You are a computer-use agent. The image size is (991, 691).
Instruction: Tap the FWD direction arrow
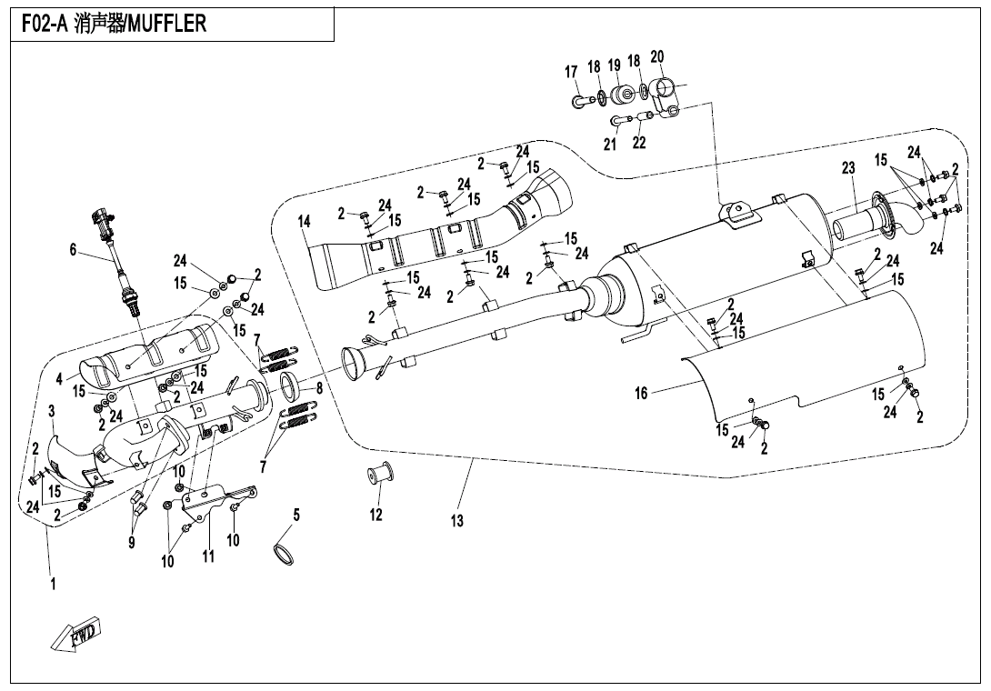[x=76, y=633]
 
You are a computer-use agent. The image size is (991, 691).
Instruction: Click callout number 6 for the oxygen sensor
[x=74, y=250]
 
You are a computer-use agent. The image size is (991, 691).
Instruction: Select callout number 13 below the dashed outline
[x=457, y=521]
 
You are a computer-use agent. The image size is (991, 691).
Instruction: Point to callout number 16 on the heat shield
[x=642, y=394]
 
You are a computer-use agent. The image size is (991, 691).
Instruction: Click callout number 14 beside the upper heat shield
[x=304, y=222]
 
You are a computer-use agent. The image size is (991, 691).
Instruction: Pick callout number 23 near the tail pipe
[x=848, y=168]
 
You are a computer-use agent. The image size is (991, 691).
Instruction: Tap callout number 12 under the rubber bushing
[x=376, y=516]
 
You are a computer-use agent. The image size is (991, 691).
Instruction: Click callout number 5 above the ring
[x=295, y=515]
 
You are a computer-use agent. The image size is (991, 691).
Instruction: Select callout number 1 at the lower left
[x=53, y=585]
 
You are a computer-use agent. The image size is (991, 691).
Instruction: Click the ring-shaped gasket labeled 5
[x=285, y=553]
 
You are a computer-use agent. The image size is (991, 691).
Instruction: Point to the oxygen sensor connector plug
[x=100, y=218]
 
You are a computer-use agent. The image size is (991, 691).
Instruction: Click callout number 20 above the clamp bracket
[x=657, y=57]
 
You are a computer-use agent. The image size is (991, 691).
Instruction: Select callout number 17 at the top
[x=572, y=72]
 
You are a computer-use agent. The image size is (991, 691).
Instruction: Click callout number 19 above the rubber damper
[x=615, y=65]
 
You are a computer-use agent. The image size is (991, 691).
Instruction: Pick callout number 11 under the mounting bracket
[x=208, y=556]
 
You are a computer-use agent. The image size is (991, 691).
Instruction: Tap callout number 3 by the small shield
[x=53, y=412]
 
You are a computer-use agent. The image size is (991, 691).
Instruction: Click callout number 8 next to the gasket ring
[x=319, y=387]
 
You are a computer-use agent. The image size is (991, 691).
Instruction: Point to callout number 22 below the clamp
[x=639, y=143]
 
